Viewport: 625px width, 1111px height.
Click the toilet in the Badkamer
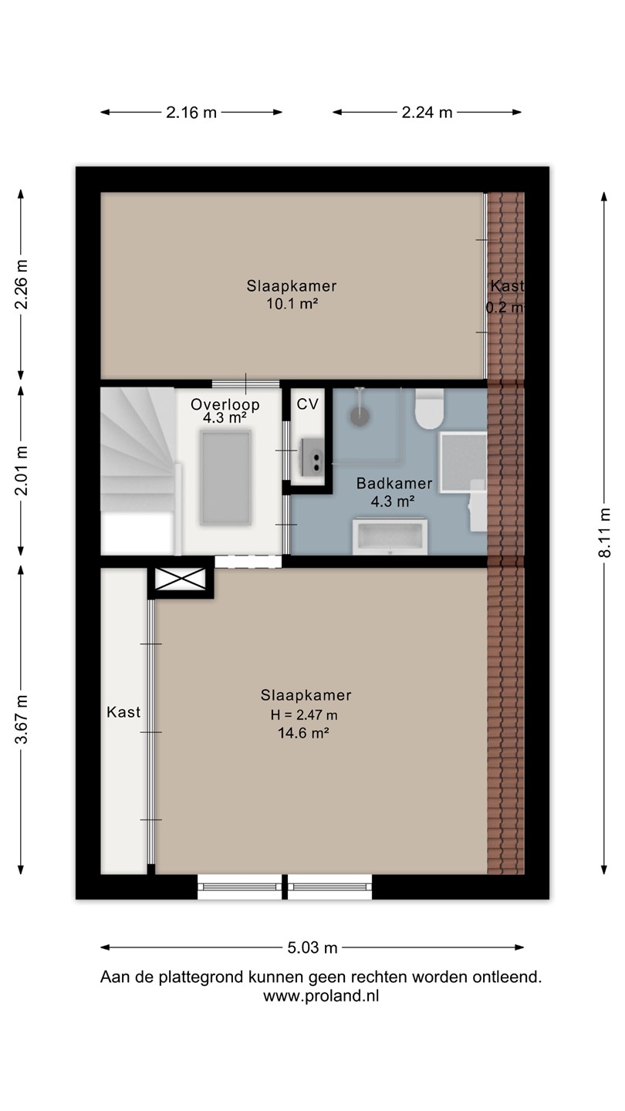point(430,409)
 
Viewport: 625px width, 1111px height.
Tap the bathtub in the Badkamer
point(390,537)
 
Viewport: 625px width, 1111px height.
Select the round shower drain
point(360,416)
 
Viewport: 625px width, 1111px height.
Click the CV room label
point(308,404)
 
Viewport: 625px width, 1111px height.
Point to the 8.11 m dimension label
point(604,532)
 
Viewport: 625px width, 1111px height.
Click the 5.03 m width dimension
point(312,947)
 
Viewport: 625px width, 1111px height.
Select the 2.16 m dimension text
point(191,113)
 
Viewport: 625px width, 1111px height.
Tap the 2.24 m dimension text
point(427,113)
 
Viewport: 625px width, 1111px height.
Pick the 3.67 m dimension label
point(22,719)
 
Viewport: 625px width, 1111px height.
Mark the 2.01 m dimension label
point(22,471)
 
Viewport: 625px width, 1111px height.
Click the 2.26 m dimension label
point(22,284)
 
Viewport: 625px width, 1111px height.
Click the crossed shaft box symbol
point(180,579)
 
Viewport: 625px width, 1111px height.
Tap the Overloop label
point(225,404)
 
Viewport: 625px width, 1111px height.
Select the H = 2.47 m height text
point(304,714)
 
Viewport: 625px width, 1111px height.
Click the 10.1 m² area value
point(292,303)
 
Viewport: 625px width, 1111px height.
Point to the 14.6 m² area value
point(303,733)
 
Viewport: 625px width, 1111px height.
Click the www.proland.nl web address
point(321,996)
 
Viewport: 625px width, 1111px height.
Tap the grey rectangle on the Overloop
point(225,478)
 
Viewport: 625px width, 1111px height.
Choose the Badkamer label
point(394,483)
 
